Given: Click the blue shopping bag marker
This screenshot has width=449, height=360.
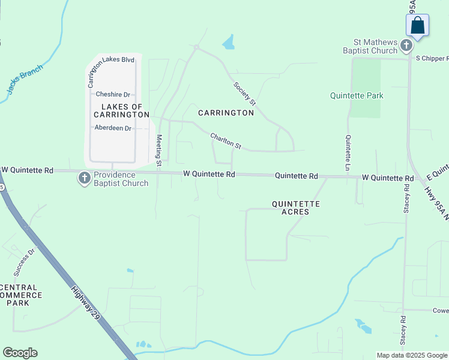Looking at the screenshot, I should pyautogui.click(x=418, y=26).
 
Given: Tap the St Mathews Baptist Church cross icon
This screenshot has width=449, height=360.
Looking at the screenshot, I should pyautogui.click(x=406, y=46).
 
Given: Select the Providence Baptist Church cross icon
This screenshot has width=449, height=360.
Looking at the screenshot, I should pyautogui.click(x=85, y=178).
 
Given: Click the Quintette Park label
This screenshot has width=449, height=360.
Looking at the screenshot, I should pyautogui.click(x=357, y=95).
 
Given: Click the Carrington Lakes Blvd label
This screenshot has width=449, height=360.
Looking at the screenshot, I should pyautogui.click(x=111, y=60).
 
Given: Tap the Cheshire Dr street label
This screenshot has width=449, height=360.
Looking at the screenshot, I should pyautogui.click(x=113, y=94).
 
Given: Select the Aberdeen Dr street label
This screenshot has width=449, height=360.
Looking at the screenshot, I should pyautogui.click(x=113, y=128).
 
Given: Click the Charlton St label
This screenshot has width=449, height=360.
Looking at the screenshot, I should pyautogui.click(x=226, y=142).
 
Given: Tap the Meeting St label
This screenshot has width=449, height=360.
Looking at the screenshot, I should pyautogui.click(x=159, y=150).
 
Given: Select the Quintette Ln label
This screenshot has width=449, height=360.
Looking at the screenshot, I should pyautogui.click(x=348, y=152).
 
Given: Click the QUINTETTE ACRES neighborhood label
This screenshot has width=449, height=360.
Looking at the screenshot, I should pyautogui.click(x=295, y=208).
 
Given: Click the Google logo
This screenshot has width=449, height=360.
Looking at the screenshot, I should pyautogui.click(x=20, y=353).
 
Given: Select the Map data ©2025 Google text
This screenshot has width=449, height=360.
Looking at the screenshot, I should pyautogui.click(x=412, y=355).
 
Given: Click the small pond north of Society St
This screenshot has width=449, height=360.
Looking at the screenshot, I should pyautogui.click(x=228, y=42).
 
